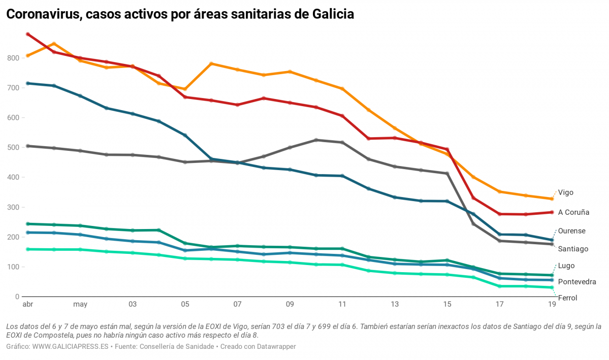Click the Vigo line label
tap(565, 192)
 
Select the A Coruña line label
tap(573, 212)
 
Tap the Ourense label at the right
tap(571, 231)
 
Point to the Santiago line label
tap(573, 249)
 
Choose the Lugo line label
tap(566, 266)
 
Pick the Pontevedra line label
tap(577, 281)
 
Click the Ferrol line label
tap(567, 298)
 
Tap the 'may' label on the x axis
tap(80, 305)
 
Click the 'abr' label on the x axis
tap(27, 305)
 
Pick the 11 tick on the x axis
tap(342, 305)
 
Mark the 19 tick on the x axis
tap(552, 305)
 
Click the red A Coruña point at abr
tap(28, 35)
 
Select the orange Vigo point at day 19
tap(552, 199)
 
